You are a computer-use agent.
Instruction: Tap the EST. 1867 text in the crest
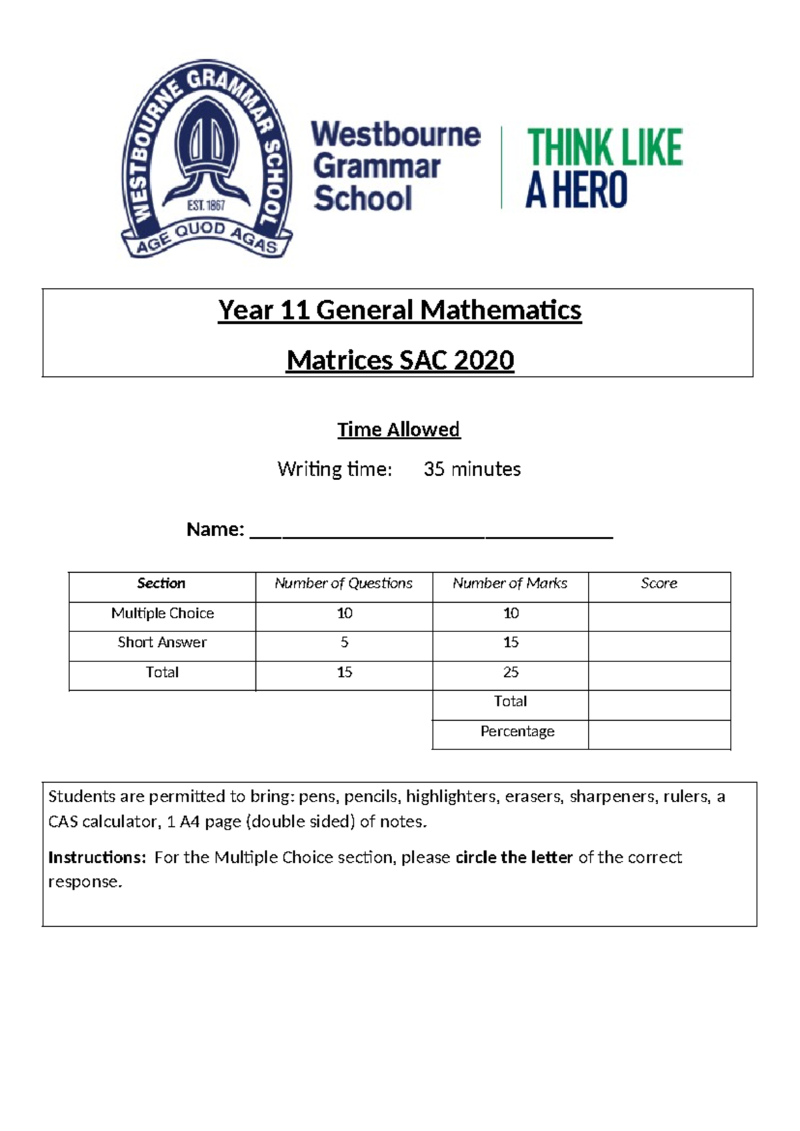click(x=206, y=206)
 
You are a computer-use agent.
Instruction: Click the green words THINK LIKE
click(x=604, y=147)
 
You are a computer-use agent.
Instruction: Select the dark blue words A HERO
click(x=576, y=190)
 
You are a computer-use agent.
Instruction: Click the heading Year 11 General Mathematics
click(x=399, y=311)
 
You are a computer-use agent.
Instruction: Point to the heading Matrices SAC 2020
click(x=399, y=361)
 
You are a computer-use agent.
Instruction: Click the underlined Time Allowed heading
click(x=399, y=429)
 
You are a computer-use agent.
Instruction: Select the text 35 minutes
click(x=472, y=469)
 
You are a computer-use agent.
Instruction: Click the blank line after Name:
click(x=431, y=532)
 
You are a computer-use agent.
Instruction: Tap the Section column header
click(x=161, y=584)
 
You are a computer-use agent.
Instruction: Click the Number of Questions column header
click(x=343, y=584)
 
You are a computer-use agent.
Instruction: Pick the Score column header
click(x=659, y=584)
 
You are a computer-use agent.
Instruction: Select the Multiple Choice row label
click(x=162, y=614)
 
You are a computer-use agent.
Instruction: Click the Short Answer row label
click(x=162, y=643)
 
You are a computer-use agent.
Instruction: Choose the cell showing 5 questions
click(x=344, y=643)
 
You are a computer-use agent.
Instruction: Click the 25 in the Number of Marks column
click(x=511, y=672)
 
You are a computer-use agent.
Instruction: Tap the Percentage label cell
click(x=517, y=732)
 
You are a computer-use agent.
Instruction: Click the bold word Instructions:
click(x=97, y=858)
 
